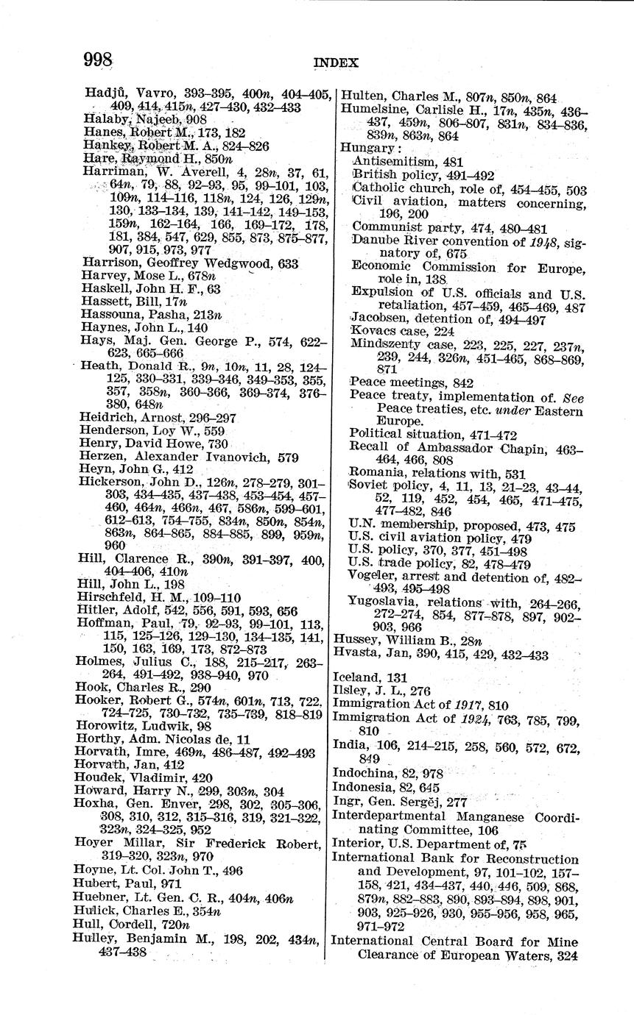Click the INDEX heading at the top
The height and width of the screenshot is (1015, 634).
pos(336,63)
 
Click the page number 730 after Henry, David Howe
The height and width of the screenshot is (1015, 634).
pos(218,444)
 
